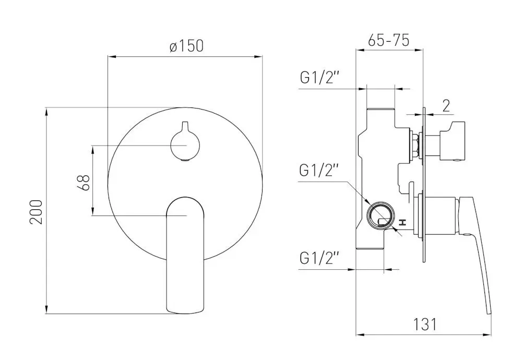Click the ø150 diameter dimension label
(x=186, y=46)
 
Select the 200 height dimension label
(x=36, y=212)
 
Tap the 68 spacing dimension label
(x=86, y=182)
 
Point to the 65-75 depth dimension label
(x=388, y=40)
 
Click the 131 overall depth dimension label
(x=425, y=324)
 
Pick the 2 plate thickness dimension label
(x=446, y=105)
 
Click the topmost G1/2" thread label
(x=319, y=78)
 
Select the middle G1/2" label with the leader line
(x=319, y=171)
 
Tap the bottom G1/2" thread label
(x=319, y=258)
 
